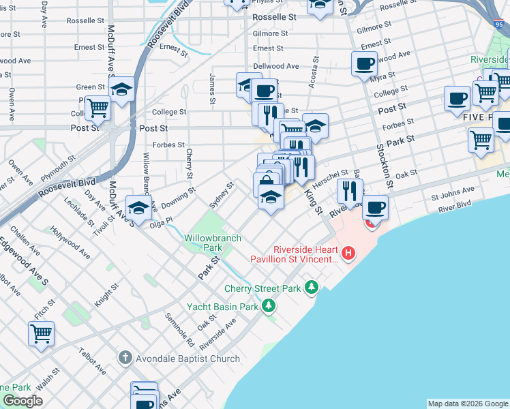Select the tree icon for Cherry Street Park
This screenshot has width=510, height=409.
point(312,288)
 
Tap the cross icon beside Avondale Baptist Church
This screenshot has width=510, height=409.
point(124,358)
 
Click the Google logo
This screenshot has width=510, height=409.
point(23,402)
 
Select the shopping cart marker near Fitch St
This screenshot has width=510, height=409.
point(42,334)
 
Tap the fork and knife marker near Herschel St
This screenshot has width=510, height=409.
point(350,191)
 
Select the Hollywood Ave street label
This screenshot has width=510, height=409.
point(75,244)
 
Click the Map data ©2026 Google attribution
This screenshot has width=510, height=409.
point(468,404)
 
